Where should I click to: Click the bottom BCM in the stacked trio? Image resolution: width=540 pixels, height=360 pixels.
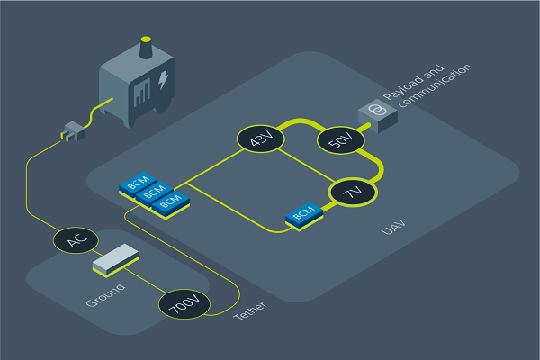170,202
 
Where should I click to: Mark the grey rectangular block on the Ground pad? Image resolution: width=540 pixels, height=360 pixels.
113,260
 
